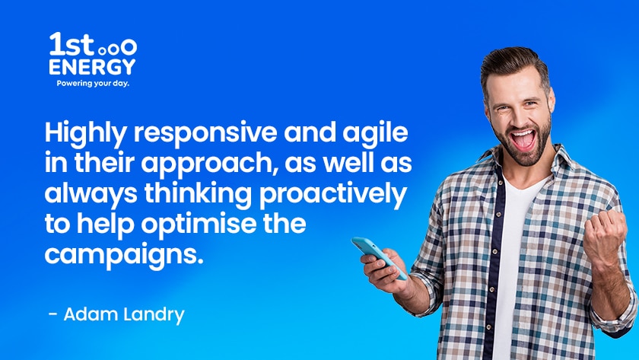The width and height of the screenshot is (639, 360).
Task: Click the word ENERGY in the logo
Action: (92, 67)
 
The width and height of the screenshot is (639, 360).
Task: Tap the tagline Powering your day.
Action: (93, 84)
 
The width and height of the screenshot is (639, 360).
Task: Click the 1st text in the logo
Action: (72, 44)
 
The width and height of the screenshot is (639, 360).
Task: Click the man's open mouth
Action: (523, 139)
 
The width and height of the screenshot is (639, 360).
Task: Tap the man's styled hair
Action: (514, 67)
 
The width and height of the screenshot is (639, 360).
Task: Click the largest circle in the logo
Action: (129, 47)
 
